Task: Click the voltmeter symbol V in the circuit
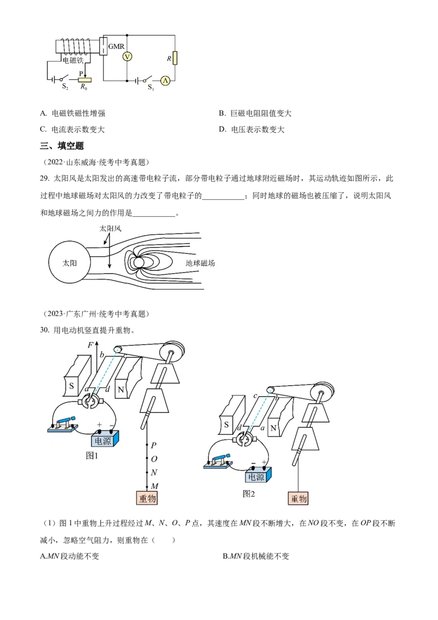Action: (127, 57)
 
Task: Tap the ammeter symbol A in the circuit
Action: (165, 81)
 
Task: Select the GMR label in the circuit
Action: (116, 46)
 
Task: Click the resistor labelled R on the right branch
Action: (175, 58)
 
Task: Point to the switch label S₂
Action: (65, 86)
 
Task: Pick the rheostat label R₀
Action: (84, 87)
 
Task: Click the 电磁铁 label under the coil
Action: (73, 60)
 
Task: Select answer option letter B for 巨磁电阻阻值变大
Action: (222, 113)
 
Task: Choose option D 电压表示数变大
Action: (252, 129)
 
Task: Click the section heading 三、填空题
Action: (62, 146)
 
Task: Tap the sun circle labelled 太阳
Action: (70, 262)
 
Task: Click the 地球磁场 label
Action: (200, 263)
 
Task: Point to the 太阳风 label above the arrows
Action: (110, 228)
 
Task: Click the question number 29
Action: (44, 179)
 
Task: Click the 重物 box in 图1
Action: (147, 498)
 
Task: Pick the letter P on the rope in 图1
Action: (154, 445)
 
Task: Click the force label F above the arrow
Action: (90, 345)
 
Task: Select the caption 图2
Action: (249, 494)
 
